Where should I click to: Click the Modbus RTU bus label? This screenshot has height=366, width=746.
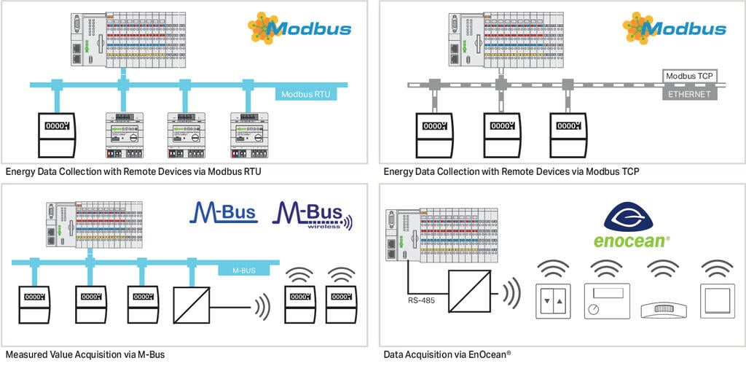coord(306,93)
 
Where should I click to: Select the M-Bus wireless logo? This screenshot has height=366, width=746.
coord(310,214)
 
